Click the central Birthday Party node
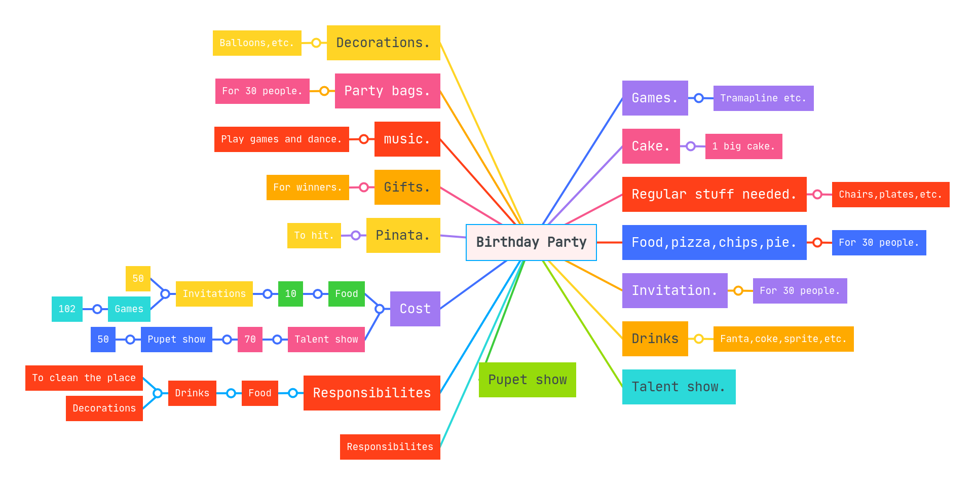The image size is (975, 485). coord(531,242)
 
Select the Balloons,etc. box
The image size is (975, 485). coord(257,43)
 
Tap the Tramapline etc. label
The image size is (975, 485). coord(763,98)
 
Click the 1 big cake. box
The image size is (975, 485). coord(743,146)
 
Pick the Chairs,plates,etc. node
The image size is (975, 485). coord(890,195)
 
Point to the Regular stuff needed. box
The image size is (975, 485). coord(714,194)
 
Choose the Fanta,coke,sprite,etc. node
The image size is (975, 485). coord(783,339)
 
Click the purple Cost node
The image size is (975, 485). coord(415,309)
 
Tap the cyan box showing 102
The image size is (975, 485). coord(67,309)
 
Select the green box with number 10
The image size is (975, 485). coord(290,294)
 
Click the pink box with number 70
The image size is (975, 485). coord(250,340)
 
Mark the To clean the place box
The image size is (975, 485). coord(84,378)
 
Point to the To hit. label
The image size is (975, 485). coord(314,236)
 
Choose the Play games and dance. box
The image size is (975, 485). coord(281,139)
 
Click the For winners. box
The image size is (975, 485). coord(308,188)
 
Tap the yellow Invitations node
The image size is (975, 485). coord(214,294)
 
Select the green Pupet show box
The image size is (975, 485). coord(527,380)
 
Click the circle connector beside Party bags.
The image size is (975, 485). coord(324,91)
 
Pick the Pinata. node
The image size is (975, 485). coord(403,235)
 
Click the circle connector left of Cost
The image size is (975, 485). coord(379,309)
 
